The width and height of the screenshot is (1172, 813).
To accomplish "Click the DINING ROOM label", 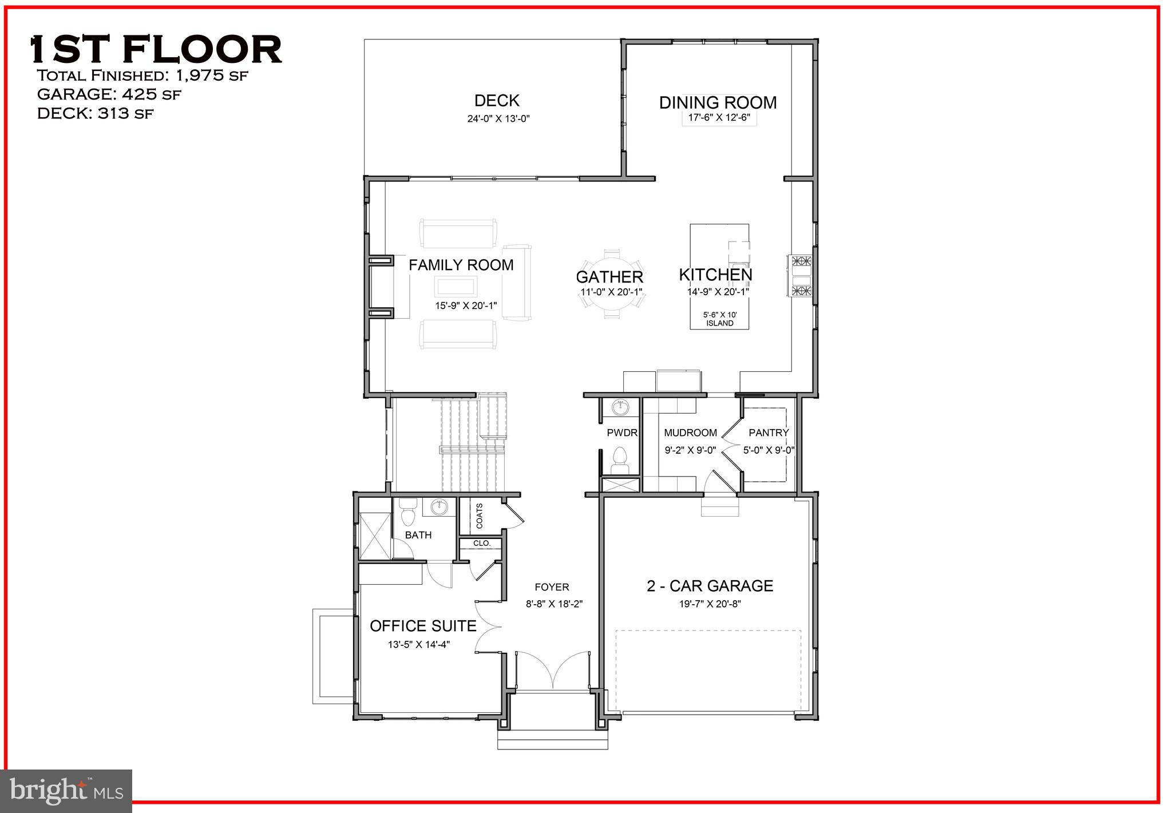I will [718, 103].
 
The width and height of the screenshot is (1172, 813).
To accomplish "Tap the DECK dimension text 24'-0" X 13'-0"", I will [497, 119].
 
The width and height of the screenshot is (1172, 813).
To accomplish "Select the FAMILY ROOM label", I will [461, 265].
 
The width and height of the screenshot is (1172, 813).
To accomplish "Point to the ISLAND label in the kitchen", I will [719, 323].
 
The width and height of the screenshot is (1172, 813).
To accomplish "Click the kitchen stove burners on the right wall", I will [801, 276].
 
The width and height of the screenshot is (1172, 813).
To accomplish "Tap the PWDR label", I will [622, 433].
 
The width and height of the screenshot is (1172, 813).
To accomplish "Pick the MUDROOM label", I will [690, 433].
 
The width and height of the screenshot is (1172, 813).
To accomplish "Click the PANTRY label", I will [769, 433].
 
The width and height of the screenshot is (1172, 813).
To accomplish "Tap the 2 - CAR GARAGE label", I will [710, 586].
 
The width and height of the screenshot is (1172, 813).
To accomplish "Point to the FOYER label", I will [552, 587].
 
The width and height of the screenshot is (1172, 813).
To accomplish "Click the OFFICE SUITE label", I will [423, 626].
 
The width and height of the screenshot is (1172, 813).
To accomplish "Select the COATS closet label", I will [480, 516].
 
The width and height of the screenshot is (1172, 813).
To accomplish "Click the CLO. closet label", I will [481, 543].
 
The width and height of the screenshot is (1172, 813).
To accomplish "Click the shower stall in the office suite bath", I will [374, 536].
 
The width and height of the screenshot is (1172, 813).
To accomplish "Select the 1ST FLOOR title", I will [156, 49].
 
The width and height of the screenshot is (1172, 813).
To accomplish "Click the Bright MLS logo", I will [66, 791].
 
